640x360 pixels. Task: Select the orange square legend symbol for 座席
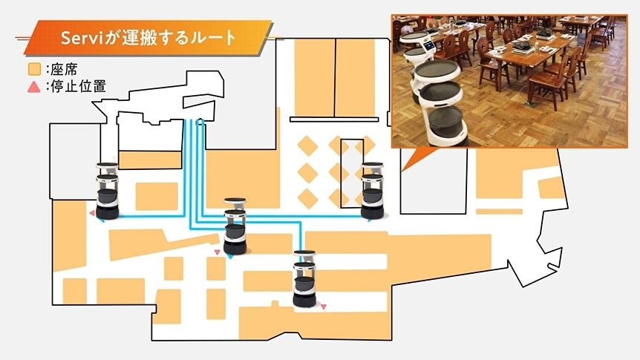[33, 71]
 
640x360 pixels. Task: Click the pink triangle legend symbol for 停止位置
[33, 87]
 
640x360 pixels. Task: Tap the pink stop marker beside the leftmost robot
[92, 214]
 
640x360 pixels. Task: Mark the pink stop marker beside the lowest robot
[323, 307]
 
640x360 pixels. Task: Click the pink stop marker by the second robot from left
[217, 253]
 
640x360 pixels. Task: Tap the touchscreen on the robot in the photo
[428, 46]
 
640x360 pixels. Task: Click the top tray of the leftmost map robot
[107, 166]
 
